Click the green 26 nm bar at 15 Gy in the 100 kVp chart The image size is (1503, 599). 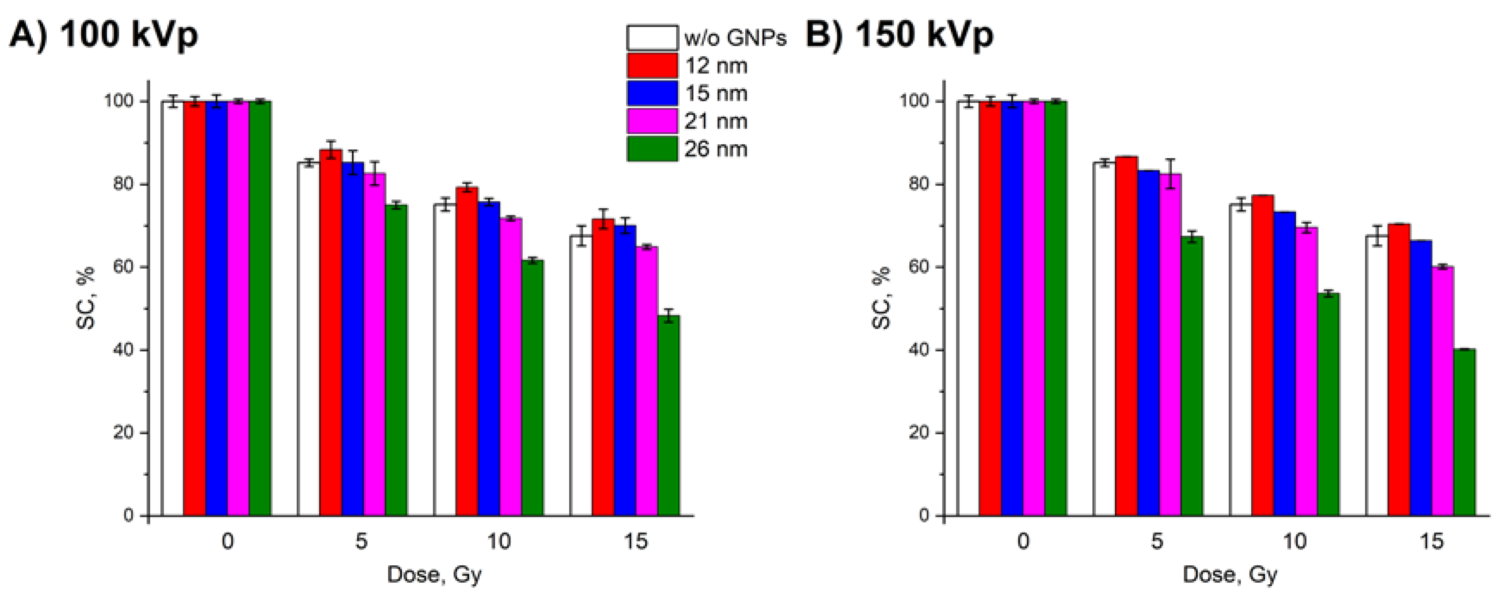click(x=669, y=416)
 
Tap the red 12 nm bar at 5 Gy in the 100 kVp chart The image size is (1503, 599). click(x=331, y=333)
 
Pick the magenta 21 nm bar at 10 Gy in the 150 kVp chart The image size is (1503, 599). click(x=1307, y=371)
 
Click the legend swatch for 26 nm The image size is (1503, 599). click(x=652, y=149)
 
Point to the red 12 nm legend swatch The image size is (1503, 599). click(x=652, y=65)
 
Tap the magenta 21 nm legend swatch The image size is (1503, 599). click(x=652, y=121)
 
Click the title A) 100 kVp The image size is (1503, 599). click(x=104, y=35)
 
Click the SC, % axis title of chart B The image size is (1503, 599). click(x=882, y=298)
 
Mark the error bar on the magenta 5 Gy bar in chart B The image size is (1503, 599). click(x=1170, y=173)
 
